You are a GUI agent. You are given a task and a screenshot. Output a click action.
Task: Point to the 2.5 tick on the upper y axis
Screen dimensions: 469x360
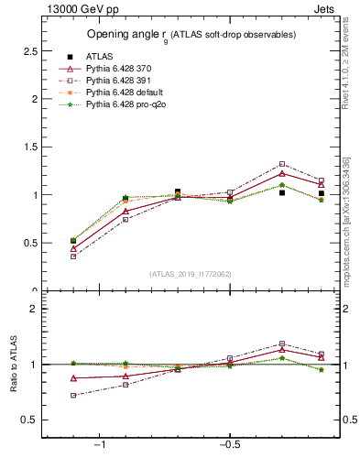click(x=30, y=51)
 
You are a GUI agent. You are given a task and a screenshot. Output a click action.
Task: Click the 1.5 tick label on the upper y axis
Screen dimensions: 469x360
click(x=30, y=147)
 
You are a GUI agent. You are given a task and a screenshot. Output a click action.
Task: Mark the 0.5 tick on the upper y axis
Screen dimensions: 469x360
click(x=30, y=244)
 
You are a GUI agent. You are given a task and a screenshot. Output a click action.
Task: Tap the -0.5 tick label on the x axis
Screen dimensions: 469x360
click(x=228, y=445)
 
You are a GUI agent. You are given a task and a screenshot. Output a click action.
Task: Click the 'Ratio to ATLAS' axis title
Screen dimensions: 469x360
click(x=14, y=365)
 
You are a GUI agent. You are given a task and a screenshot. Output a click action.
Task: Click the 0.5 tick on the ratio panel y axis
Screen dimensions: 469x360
click(x=30, y=420)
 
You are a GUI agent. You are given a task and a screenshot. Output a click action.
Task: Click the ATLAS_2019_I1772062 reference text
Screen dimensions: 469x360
click(x=191, y=273)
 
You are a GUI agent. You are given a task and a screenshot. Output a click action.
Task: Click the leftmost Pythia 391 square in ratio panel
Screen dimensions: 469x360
click(x=73, y=396)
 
